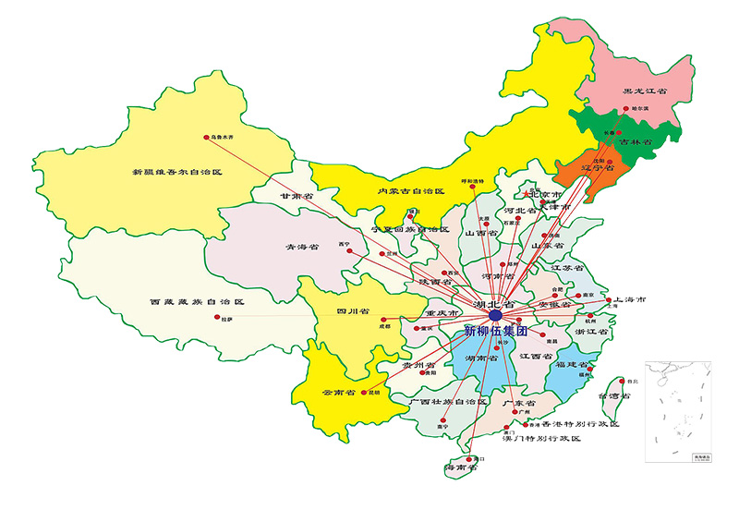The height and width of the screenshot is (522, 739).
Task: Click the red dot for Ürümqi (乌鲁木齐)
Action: (206, 139)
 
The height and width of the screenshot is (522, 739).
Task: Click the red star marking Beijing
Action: (527, 196)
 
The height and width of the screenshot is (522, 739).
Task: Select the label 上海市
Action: (629, 301)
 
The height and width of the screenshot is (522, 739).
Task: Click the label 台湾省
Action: (614, 395)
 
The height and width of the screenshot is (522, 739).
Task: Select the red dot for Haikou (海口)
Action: (471, 458)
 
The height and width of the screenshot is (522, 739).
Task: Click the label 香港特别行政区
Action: (580, 424)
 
